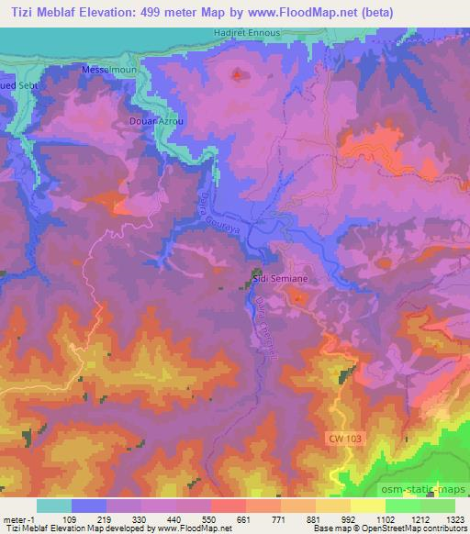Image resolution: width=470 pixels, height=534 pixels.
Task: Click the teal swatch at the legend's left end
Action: [53, 505]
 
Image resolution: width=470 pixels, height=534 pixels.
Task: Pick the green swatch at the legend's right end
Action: [437, 505]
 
